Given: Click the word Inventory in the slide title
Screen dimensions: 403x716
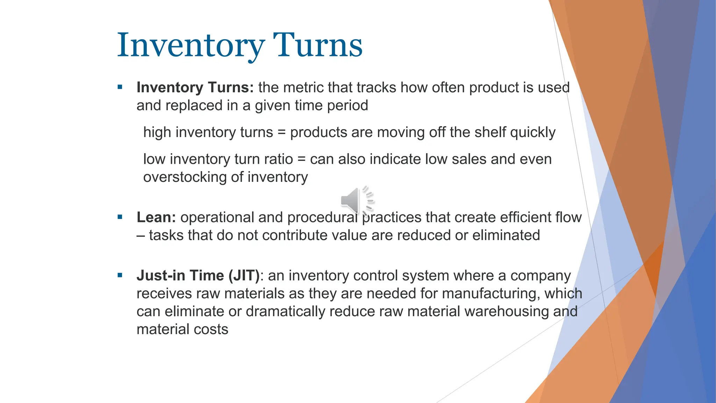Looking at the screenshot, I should click(x=191, y=45).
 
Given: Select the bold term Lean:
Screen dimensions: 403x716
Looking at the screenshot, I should click(x=156, y=217).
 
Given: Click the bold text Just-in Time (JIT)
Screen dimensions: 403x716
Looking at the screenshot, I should click(x=198, y=276).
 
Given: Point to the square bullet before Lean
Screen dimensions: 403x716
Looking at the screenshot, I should click(x=120, y=217).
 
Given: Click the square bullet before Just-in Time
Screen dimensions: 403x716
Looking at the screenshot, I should click(x=120, y=275).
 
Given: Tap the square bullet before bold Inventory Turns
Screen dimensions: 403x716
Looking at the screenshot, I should click(x=120, y=87).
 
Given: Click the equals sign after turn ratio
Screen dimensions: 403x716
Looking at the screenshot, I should click(x=301, y=160).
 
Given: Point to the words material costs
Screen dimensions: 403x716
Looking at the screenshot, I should click(x=182, y=330).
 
